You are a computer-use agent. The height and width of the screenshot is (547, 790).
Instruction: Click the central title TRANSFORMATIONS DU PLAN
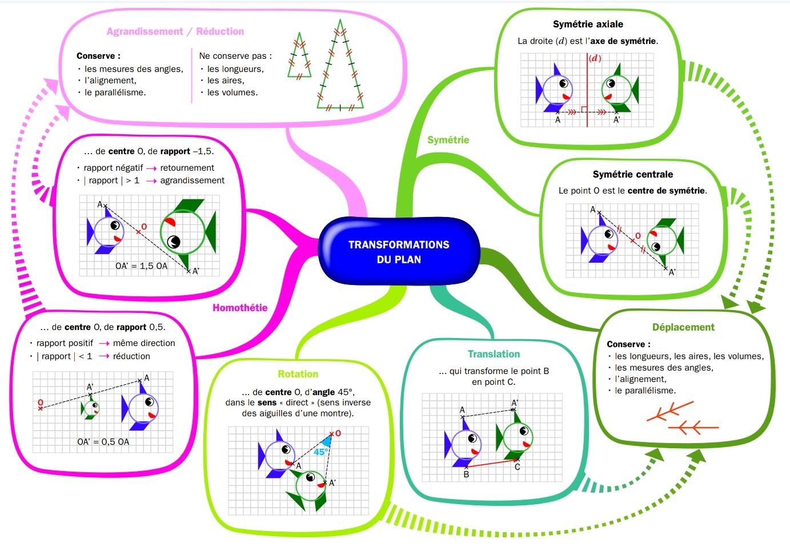[399, 252]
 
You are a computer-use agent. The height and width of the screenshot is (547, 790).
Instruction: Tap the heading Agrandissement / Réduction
[175, 31]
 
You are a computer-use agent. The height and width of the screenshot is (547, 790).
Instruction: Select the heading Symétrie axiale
[588, 24]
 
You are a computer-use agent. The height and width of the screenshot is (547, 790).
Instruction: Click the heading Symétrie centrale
[633, 174]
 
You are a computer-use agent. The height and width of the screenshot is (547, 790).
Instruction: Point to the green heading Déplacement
[683, 327]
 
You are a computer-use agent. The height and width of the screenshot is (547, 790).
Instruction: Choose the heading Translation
[494, 354]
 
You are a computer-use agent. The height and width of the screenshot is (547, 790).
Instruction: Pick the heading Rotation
[298, 374]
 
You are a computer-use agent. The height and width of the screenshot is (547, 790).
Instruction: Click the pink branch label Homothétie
[240, 308]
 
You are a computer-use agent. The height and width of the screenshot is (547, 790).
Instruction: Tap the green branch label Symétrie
[448, 140]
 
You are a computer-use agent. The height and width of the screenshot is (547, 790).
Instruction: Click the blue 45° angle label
[321, 452]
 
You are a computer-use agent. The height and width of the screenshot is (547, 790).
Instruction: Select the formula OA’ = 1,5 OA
[142, 266]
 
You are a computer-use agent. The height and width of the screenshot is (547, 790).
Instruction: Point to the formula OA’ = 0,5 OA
[103, 441]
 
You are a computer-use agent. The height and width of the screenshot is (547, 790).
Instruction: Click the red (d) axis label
[595, 58]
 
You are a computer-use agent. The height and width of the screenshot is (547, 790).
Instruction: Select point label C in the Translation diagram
[518, 467]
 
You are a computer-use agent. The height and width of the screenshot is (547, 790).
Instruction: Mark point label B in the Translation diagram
[466, 474]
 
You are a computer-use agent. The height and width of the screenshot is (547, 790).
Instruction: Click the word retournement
[187, 168]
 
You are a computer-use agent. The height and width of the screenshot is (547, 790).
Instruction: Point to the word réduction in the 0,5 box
[131, 356]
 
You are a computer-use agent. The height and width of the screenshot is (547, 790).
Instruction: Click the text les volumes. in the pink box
[232, 92]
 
